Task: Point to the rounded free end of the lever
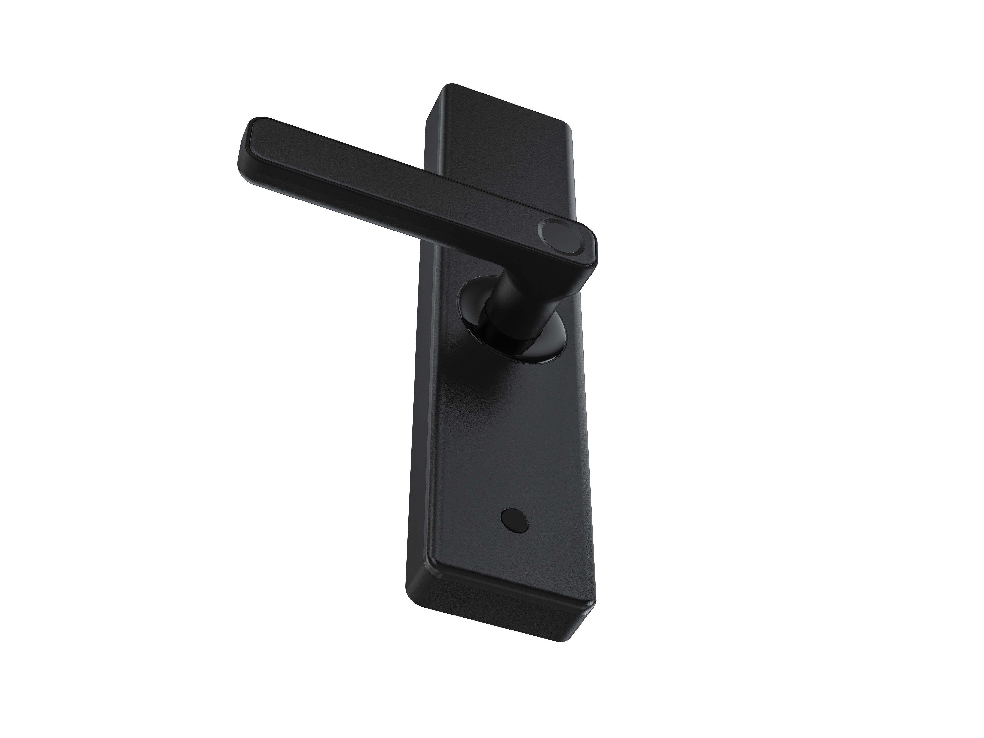(x=249, y=147)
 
